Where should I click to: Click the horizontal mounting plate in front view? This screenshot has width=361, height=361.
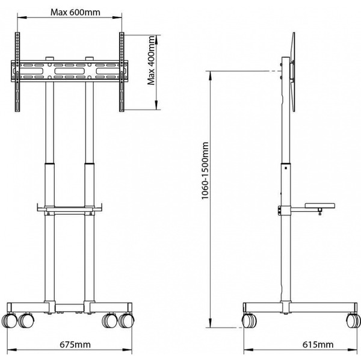[69, 71]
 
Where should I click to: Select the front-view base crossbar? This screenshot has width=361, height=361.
[69, 305]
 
